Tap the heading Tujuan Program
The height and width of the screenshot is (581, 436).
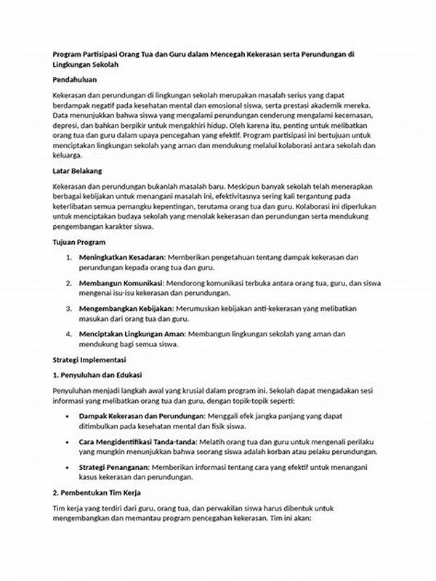79,241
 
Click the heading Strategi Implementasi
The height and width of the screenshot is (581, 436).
89,359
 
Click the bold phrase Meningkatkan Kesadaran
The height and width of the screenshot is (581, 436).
121,257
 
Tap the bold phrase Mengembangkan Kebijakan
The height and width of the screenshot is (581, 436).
125,309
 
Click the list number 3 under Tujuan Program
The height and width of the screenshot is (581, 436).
68,309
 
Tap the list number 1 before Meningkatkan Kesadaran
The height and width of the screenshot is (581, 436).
68,257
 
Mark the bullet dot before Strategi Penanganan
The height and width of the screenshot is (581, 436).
68,466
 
